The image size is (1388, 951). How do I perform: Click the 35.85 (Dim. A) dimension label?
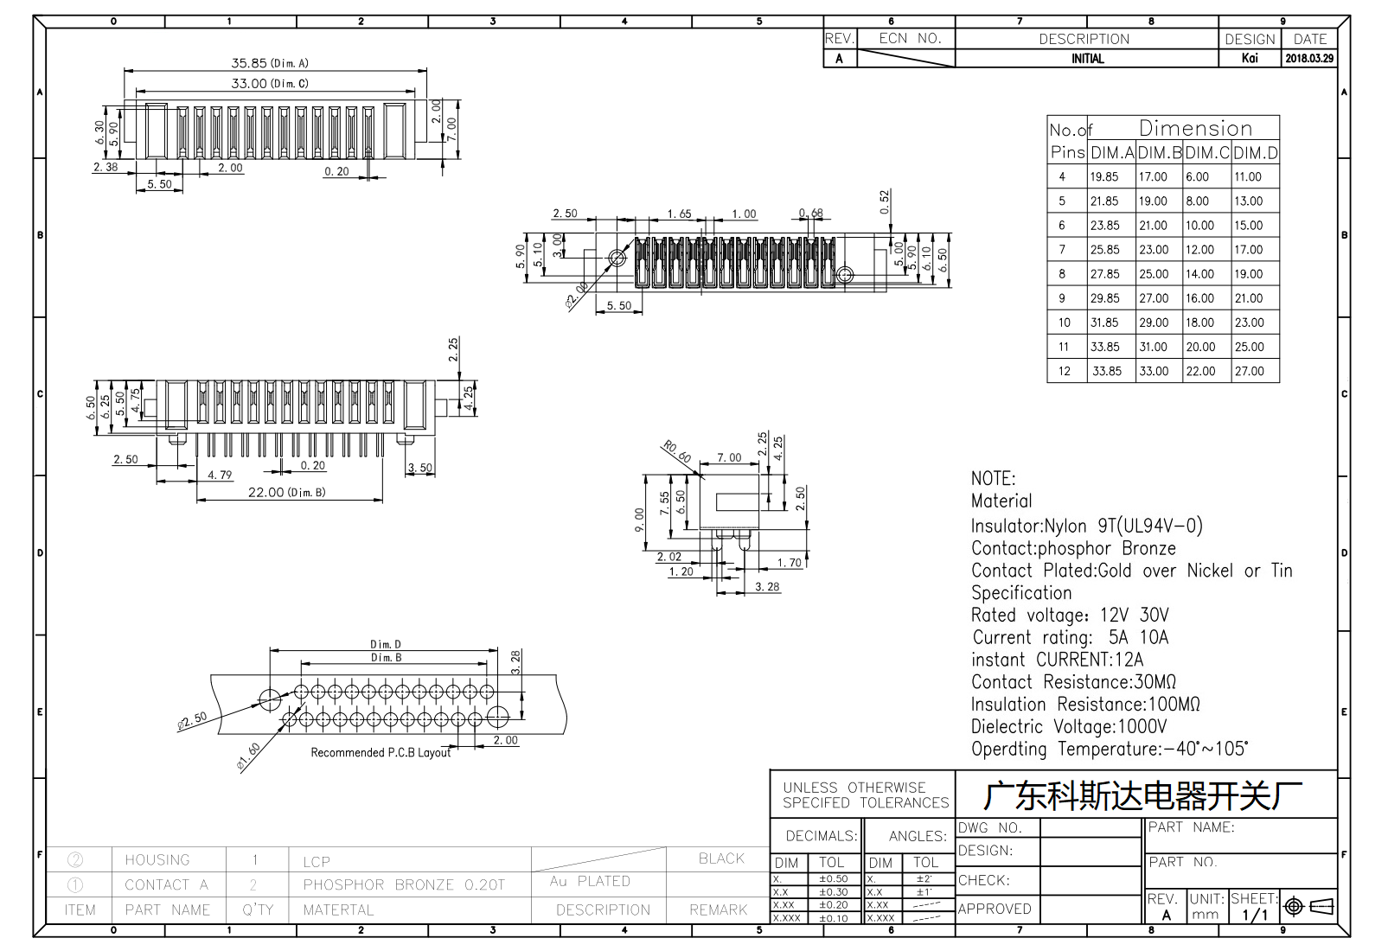(x=270, y=63)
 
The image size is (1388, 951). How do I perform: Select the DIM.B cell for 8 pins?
(x=1153, y=274)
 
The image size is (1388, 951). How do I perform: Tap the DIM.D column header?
(x=1256, y=152)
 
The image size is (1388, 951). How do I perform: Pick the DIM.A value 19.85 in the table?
(x=1104, y=176)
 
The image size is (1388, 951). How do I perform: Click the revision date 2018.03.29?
(x=1309, y=58)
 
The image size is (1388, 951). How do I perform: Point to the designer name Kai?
(x=1250, y=58)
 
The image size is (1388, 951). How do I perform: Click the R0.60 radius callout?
(x=676, y=451)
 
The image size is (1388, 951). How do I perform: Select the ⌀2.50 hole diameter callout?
(x=192, y=721)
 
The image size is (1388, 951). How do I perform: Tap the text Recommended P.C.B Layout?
(x=381, y=752)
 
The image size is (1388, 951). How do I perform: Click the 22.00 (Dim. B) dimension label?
(x=286, y=493)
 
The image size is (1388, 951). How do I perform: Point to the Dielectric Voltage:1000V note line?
(x=1069, y=726)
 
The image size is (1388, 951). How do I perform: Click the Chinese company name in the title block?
(x=1143, y=796)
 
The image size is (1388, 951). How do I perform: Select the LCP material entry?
(x=317, y=862)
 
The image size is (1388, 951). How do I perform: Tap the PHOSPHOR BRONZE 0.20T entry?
(x=404, y=884)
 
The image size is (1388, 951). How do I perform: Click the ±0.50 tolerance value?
(x=834, y=878)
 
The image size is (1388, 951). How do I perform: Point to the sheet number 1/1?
(x=1255, y=915)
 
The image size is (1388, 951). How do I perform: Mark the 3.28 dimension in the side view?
(x=767, y=587)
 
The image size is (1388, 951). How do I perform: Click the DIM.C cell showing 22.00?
(x=1200, y=371)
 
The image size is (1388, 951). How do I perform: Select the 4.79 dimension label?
(x=220, y=475)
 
